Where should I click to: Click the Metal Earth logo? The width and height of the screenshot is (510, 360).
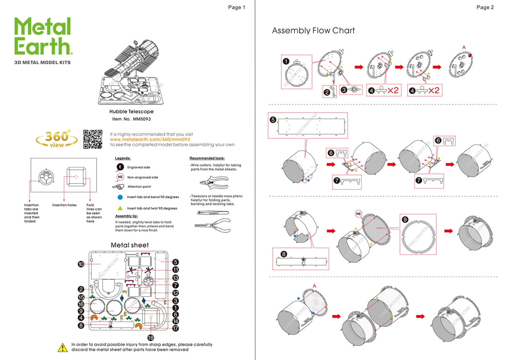[x=43, y=37]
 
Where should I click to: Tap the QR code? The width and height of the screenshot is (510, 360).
[x=93, y=139]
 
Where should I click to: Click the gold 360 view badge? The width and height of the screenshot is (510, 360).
[x=57, y=139]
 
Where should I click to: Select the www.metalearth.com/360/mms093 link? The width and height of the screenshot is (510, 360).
[x=150, y=140]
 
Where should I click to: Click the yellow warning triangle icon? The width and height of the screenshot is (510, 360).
[x=63, y=347]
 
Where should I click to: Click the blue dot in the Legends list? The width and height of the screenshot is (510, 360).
[x=120, y=197]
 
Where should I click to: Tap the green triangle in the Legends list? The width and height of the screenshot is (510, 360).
[x=120, y=208]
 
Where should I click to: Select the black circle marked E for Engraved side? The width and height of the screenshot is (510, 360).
[x=120, y=167]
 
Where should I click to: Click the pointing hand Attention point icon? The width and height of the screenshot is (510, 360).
[x=119, y=186]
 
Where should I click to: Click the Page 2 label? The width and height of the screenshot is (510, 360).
[x=485, y=7]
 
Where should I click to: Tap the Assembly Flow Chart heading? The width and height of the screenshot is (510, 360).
[x=313, y=31]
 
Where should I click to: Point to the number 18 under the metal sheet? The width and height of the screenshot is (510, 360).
[x=151, y=337]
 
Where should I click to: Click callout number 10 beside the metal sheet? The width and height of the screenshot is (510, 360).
[x=81, y=264]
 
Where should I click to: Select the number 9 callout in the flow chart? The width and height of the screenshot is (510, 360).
[x=405, y=220]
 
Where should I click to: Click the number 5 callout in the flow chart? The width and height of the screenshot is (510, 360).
[x=273, y=119]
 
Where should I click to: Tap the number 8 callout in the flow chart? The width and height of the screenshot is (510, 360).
[x=283, y=254]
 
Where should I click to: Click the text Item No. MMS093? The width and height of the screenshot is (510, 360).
[x=131, y=119]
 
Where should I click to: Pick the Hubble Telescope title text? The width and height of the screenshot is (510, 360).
[x=131, y=112]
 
